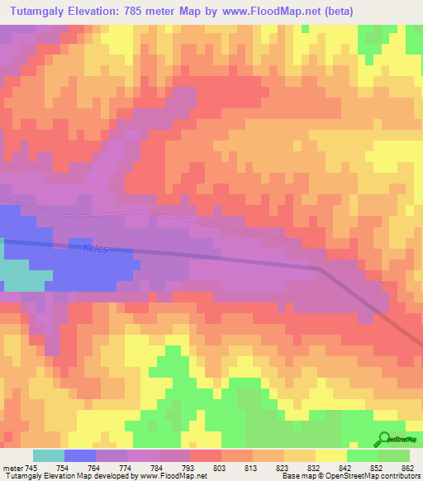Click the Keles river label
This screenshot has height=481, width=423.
(x=96, y=247)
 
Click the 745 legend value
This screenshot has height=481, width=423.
(x=32, y=467)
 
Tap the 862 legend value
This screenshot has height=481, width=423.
(x=410, y=467)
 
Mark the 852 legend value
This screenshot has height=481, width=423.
(x=378, y=467)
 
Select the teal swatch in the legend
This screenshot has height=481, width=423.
(x=48, y=455)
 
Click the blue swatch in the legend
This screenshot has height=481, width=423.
(x=79, y=455)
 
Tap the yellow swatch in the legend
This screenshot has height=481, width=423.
(x=331, y=455)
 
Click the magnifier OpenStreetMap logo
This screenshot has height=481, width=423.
(x=383, y=439)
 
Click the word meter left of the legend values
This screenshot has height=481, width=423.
(x=12, y=467)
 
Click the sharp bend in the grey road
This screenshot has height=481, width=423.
(x=321, y=268)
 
